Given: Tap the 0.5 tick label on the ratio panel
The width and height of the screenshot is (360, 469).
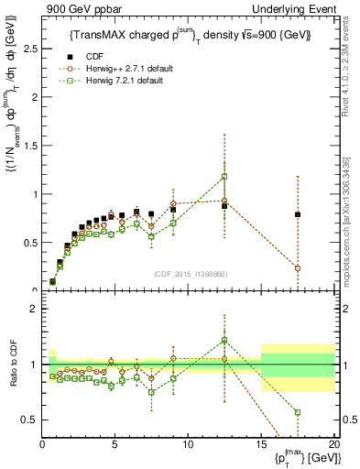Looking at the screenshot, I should click(28, 420).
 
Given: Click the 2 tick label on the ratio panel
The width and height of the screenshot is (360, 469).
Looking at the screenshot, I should click(32, 309).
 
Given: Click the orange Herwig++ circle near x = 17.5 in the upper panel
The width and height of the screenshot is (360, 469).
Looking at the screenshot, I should click(297, 268).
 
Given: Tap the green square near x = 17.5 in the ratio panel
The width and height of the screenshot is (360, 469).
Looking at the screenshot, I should click(297, 412).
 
